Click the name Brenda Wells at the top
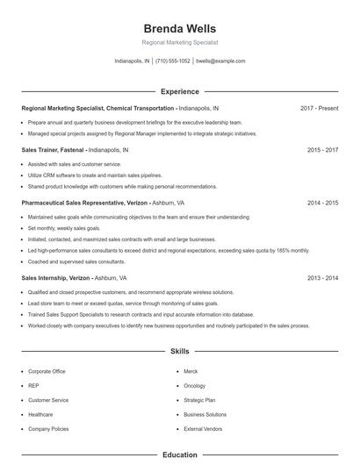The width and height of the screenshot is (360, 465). (x=179, y=28)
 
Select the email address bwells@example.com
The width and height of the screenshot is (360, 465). (x=220, y=61)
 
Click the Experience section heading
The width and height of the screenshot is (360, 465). (x=179, y=91)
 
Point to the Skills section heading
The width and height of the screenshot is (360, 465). (x=179, y=351)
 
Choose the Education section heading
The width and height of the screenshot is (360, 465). (x=179, y=455)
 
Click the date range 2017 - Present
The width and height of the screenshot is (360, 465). (x=319, y=108)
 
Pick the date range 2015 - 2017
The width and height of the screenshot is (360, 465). (x=322, y=150)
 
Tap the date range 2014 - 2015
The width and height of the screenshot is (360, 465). (x=322, y=203)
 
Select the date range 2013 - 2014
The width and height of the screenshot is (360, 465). (x=322, y=277)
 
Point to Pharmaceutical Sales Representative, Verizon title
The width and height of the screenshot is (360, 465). (x=84, y=203)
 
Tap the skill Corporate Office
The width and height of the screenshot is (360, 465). (x=47, y=372)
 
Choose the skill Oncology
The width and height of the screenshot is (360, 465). (x=195, y=386)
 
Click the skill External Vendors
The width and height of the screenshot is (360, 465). (x=202, y=429)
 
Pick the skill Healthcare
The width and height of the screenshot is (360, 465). (x=40, y=414)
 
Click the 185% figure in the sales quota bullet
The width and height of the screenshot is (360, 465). (x=280, y=250)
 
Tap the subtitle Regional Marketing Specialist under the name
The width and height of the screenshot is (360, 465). (x=179, y=42)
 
